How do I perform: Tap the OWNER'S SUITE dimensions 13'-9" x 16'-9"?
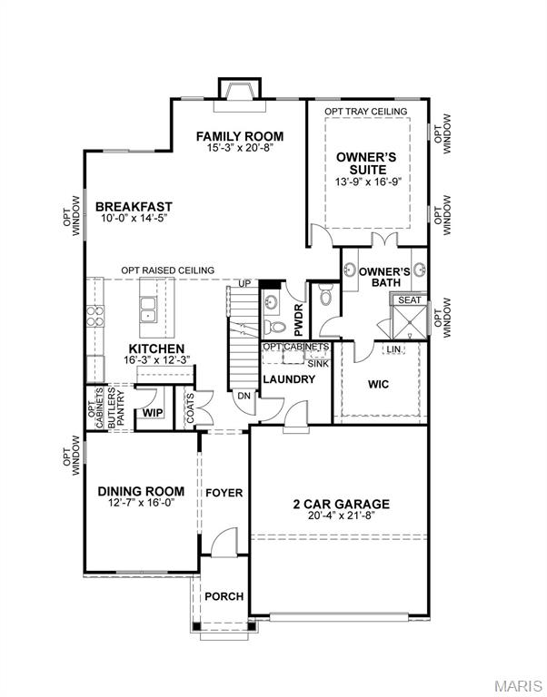coord(367,182)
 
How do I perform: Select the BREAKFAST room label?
coord(134,207)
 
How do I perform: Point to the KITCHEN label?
coord(156,348)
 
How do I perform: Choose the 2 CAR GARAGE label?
coord(341,504)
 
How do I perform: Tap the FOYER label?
coord(224,493)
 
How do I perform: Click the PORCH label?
coord(224,596)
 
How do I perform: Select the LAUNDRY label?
coord(289,378)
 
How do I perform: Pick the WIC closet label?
coord(379,384)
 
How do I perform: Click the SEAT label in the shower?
coord(410,300)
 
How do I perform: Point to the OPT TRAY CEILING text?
coord(367,112)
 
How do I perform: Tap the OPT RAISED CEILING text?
coord(168,270)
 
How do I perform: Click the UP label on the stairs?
coord(244,284)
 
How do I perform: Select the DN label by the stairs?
coord(243,395)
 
